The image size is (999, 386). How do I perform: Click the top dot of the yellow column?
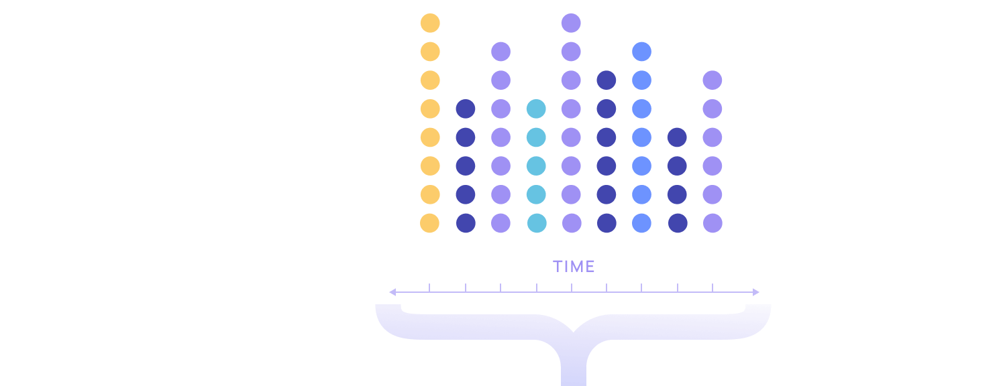pos(430,23)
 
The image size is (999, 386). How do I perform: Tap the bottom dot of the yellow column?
pos(429,223)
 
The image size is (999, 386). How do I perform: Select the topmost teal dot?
pos(536,109)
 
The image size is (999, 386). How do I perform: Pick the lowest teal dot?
pos(537,223)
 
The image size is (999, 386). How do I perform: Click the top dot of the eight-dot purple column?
pos(571,23)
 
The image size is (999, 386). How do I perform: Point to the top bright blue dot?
pos(641,52)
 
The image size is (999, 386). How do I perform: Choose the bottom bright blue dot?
pos(641,223)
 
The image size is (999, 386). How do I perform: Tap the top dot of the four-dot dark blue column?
pos(677,137)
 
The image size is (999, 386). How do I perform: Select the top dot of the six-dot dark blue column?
pos(606,80)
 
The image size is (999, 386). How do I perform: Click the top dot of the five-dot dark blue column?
pos(465,109)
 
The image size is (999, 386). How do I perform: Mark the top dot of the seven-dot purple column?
pos(501,52)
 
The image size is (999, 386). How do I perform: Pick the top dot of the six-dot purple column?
pos(713,80)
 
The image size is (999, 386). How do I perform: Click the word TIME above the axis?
pos(574,267)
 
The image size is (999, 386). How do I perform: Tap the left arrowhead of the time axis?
pos(392,292)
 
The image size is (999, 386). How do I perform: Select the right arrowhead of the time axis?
pos(756,292)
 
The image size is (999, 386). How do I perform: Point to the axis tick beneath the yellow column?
pos(429,287)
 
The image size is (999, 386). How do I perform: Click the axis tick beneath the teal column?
pos(537,287)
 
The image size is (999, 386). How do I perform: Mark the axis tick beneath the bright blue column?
pos(641,287)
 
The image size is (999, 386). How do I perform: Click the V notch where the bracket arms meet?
pos(574,332)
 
